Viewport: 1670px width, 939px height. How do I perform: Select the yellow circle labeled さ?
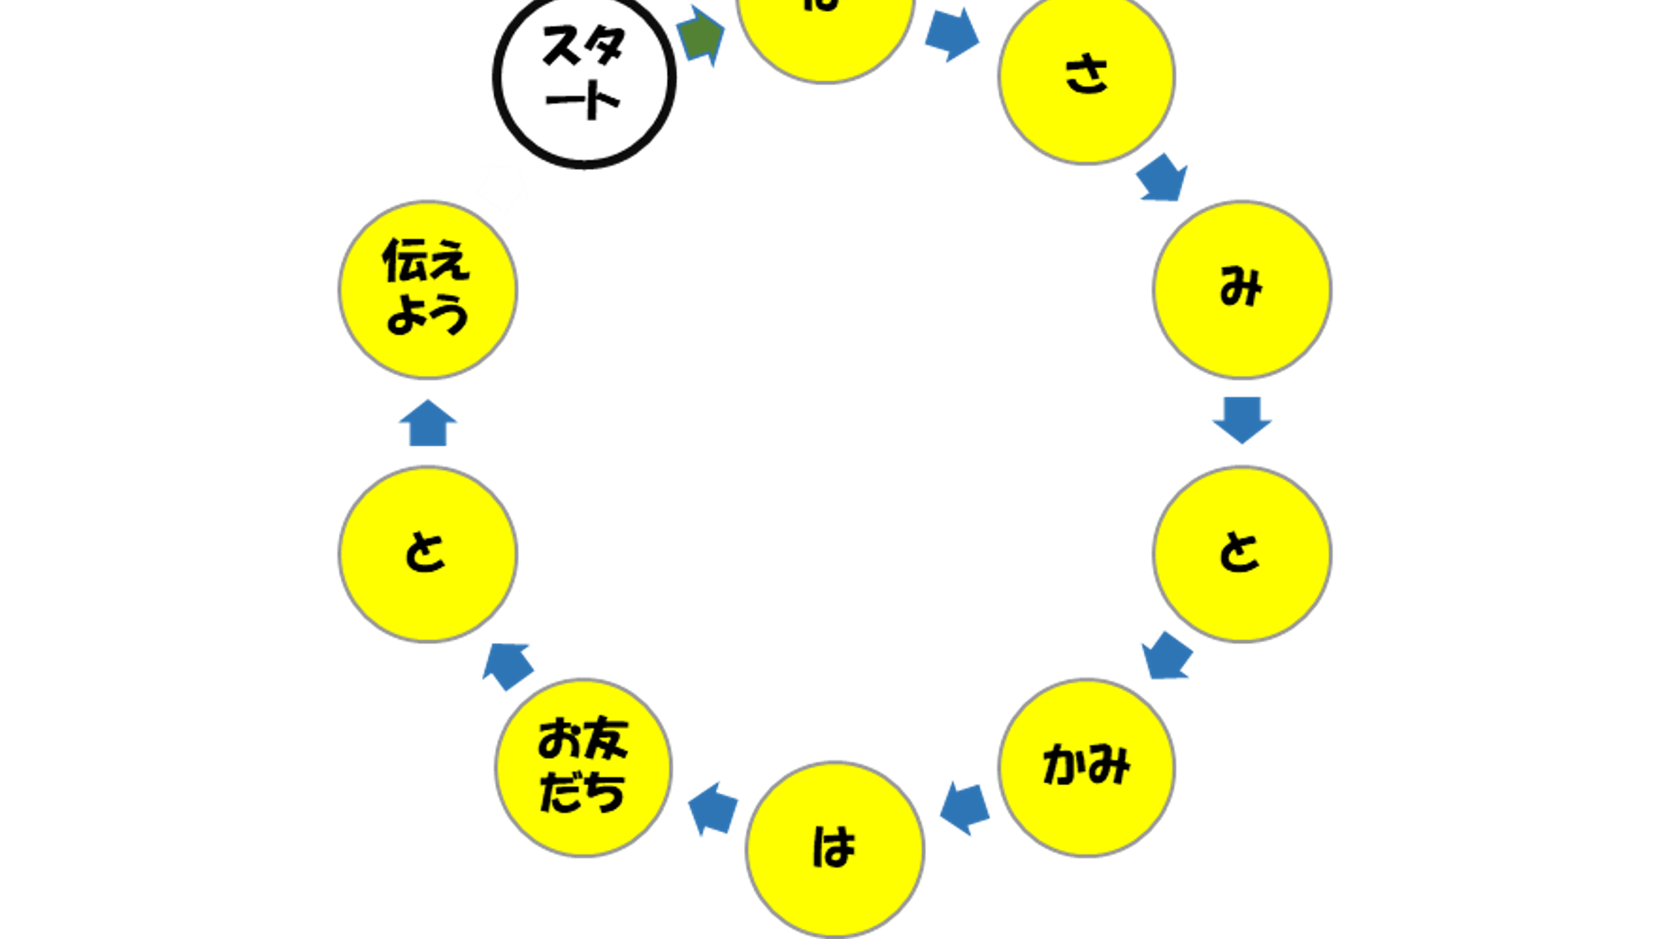(1086, 76)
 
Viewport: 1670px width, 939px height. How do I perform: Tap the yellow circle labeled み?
(1241, 289)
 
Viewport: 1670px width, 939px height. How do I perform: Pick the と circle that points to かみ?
(1241, 553)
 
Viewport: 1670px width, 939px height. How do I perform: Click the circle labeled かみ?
(1086, 767)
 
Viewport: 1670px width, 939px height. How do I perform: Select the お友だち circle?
(584, 767)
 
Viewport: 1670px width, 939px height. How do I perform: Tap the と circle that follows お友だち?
(427, 553)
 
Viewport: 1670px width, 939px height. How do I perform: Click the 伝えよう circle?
(427, 289)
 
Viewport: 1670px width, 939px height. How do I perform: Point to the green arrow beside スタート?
(700, 34)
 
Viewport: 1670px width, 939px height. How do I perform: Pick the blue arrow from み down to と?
(1241, 419)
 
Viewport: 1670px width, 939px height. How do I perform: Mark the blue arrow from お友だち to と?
(508, 665)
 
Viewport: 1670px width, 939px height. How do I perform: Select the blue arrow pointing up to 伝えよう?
(428, 424)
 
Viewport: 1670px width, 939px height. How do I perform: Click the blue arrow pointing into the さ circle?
(952, 34)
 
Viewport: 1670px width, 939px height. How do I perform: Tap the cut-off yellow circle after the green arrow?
(824, 34)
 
